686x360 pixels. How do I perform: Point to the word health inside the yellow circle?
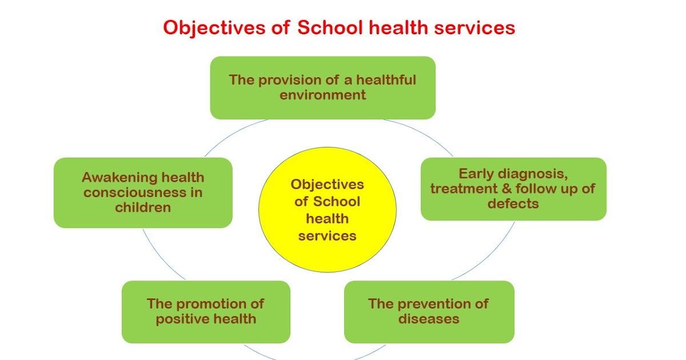pos(327,218)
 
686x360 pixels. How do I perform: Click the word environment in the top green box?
pos(322,95)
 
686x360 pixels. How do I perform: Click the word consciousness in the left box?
pos(135,192)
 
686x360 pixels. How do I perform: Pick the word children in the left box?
pos(143,207)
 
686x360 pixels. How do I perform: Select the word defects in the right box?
pos(513,203)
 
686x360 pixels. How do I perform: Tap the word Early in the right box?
pos(476,173)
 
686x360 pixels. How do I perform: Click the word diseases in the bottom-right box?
pos(429,318)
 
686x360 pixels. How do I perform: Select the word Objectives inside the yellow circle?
pos(327,185)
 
